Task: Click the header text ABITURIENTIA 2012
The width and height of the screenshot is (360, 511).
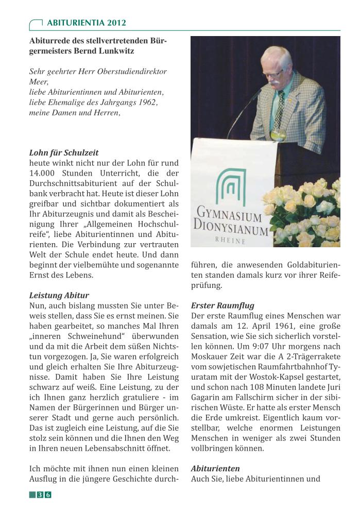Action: coord(86,23)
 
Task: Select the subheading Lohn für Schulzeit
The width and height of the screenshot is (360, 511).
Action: coord(64,153)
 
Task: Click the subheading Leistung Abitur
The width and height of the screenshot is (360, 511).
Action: coord(59,296)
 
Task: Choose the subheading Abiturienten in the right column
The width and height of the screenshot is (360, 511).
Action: coord(215,469)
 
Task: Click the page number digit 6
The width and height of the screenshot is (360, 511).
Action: coord(48,495)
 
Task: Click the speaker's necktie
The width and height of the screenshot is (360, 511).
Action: coord(281,111)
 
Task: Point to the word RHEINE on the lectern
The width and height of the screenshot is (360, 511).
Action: coord(230,240)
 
